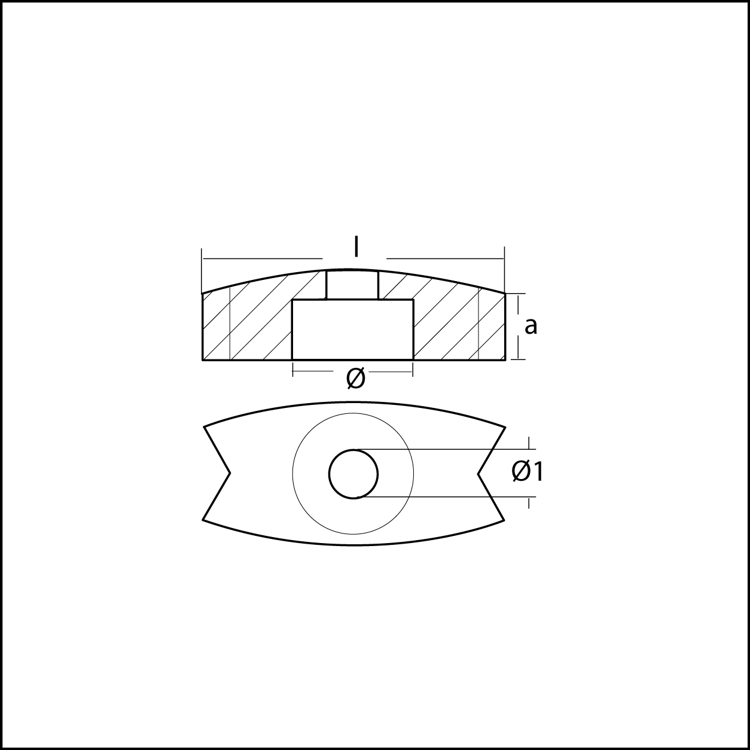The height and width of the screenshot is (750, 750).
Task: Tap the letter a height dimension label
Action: coord(531,326)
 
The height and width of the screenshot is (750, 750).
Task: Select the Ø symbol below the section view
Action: coord(355,379)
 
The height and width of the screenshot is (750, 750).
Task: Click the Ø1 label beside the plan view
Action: coord(528,472)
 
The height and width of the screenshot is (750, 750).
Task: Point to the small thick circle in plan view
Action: coord(353,450)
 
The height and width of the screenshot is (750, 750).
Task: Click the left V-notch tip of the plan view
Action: coord(230,473)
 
